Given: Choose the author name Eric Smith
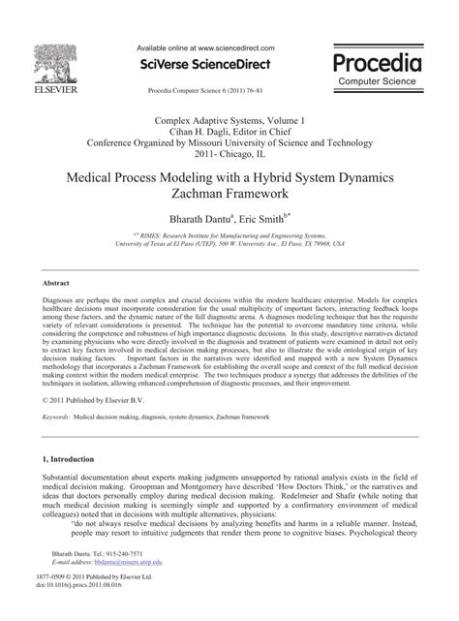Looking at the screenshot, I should [x=264, y=224].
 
